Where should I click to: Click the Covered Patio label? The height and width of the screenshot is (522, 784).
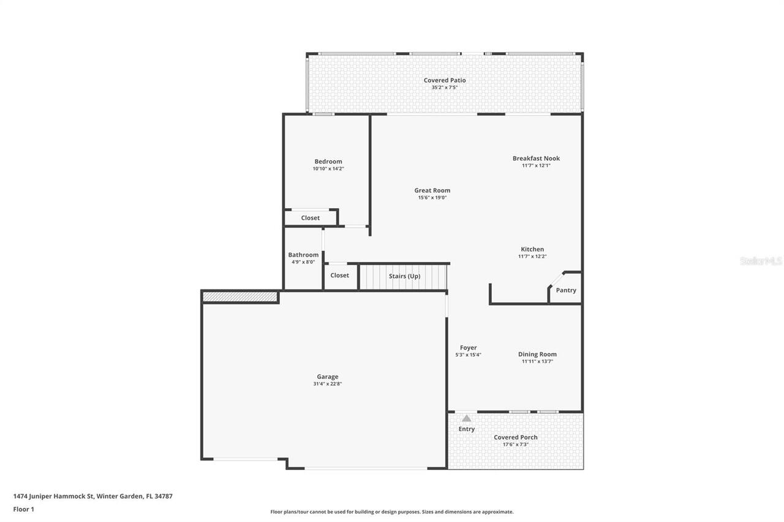point(445,80)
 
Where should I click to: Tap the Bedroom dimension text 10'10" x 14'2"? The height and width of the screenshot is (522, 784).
point(328,169)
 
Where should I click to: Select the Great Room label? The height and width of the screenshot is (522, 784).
point(432,190)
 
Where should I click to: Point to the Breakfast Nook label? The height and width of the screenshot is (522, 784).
point(536,158)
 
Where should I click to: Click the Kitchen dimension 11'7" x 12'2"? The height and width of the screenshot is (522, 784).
point(532,256)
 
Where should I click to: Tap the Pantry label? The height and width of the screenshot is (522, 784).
point(565,290)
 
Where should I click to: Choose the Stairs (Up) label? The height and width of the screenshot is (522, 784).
point(404,276)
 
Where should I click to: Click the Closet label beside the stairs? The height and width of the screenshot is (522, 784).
point(339,275)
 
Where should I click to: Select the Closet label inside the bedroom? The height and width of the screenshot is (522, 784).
point(310,218)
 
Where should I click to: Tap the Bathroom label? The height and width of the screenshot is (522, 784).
point(303,255)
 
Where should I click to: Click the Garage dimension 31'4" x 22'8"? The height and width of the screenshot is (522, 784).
point(327,384)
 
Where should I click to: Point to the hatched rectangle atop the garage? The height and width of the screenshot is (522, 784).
point(240,297)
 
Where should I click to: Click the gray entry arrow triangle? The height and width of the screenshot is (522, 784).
point(466,419)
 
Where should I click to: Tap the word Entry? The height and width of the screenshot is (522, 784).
point(466,429)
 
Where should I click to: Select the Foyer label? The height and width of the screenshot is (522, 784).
point(468,348)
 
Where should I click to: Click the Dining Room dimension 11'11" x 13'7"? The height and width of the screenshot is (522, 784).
point(537,362)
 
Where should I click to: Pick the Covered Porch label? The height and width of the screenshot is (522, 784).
point(516,437)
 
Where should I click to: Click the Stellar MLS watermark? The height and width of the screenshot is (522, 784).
point(760,261)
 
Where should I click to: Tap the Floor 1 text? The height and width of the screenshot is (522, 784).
point(23,509)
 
